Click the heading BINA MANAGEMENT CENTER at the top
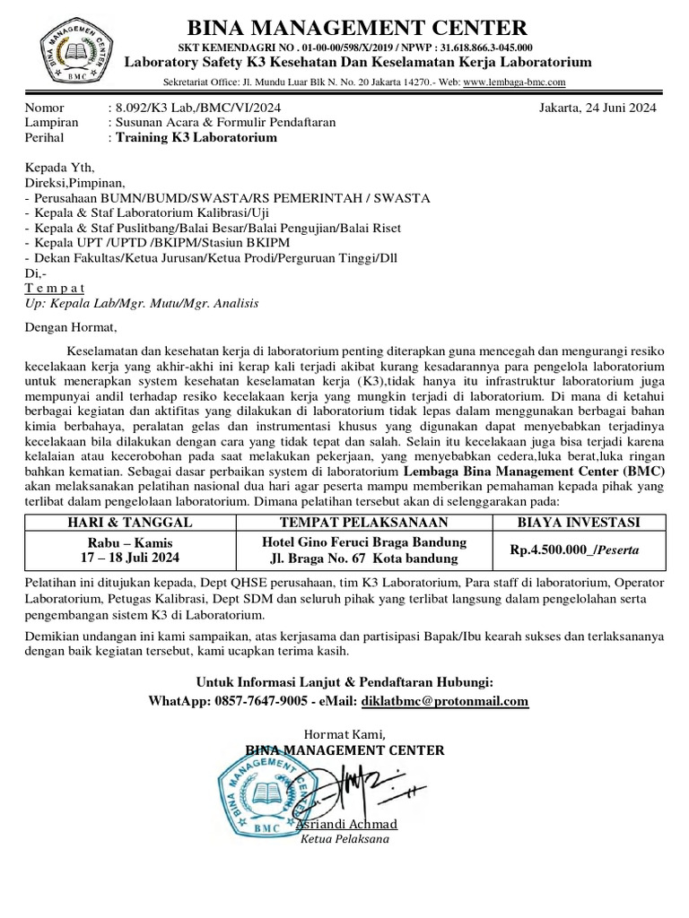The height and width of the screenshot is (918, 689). [x=356, y=27]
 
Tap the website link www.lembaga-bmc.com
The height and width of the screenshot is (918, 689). [x=514, y=82]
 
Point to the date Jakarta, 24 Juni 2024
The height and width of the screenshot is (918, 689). [x=597, y=108]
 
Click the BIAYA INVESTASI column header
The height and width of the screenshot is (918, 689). [x=580, y=523]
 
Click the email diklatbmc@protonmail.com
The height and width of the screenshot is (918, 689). [x=444, y=700]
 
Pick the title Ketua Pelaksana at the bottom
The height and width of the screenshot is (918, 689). [x=344, y=840]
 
